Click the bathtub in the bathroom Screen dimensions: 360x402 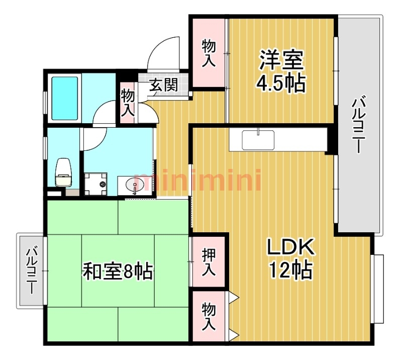pos(65,98)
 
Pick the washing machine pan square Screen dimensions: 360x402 pos(95,184)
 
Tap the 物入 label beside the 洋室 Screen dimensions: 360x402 pos(209,53)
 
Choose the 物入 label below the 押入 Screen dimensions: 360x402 pos(209,316)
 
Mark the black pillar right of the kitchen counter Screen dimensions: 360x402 pos(331,140)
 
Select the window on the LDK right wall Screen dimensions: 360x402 pos(378,289)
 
